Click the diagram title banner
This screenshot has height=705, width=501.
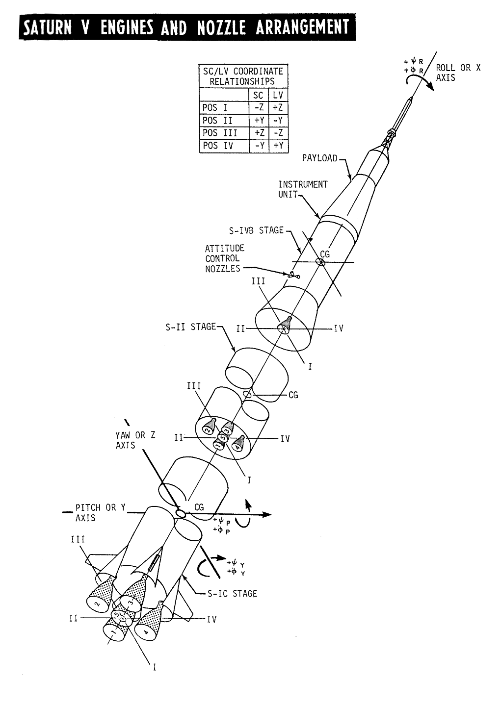(186, 28)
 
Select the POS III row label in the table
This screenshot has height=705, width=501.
(220, 133)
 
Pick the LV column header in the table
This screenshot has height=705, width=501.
(278, 95)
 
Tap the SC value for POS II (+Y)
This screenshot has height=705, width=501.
(259, 121)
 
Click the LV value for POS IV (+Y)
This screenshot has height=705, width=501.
(278, 146)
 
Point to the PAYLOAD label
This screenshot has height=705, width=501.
(320, 158)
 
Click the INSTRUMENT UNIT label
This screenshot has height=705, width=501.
(303, 189)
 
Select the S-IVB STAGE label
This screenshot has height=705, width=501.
(257, 230)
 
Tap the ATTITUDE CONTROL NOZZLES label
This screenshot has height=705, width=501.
(224, 258)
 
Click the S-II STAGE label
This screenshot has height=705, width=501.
(191, 326)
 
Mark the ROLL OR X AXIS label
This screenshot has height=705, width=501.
(458, 73)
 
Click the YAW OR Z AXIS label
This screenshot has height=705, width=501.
(135, 440)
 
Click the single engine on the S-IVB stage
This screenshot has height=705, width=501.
(286, 325)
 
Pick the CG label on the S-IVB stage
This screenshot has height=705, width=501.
(325, 254)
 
